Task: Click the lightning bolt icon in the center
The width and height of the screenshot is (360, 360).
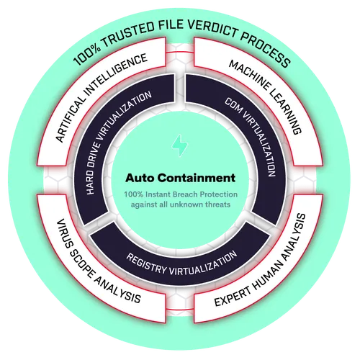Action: tap(180, 145)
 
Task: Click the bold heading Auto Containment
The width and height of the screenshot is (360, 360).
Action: tap(180, 178)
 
